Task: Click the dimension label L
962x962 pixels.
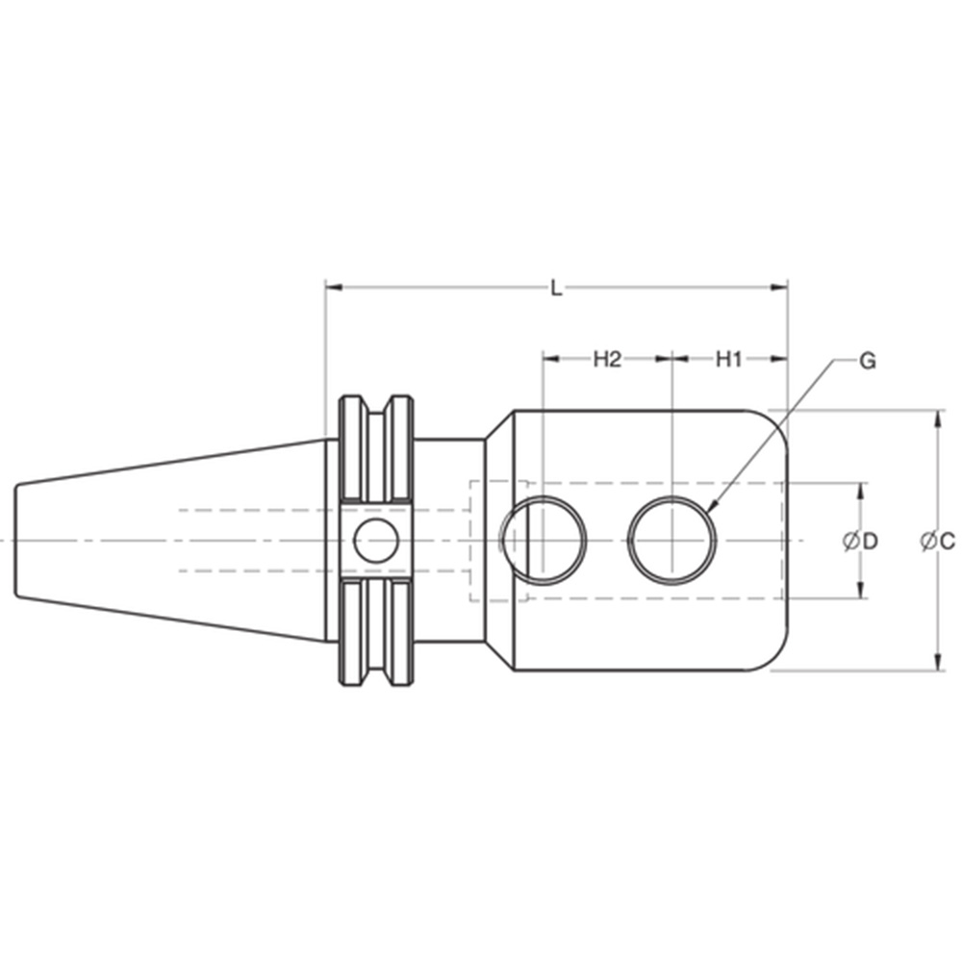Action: (556, 287)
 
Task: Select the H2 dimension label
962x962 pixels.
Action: (607, 359)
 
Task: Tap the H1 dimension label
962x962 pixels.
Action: (728, 359)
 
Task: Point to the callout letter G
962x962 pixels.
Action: (867, 362)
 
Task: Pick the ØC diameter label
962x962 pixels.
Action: (937, 542)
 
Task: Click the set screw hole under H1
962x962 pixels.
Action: (673, 540)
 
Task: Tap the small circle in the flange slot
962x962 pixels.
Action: (375, 540)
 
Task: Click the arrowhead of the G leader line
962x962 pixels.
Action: (710, 506)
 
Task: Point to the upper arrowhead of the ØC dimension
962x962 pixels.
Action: (937, 416)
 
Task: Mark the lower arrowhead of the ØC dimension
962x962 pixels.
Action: (937, 665)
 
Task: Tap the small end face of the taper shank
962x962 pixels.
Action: (15, 540)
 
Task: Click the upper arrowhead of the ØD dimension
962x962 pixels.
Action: (859, 489)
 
